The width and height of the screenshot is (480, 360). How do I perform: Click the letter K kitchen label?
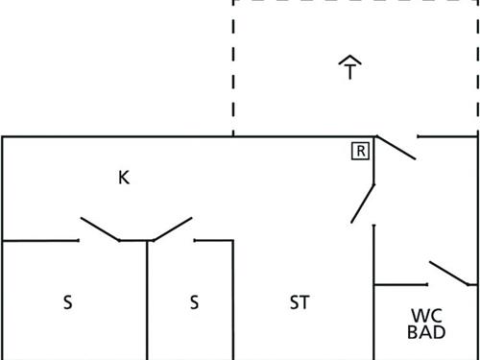[124, 178]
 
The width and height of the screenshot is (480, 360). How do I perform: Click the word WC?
[426, 315]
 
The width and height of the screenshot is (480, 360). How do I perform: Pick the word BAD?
[426, 333]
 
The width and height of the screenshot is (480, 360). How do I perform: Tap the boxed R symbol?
[360, 151]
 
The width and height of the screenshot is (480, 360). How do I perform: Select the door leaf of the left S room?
[100, 229]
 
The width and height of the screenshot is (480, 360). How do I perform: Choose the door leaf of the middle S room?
[172, 229]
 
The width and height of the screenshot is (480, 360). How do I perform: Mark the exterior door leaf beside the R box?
[395, 148]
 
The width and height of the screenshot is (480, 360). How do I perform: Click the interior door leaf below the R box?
[363, 203]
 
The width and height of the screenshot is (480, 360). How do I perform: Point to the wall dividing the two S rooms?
[147, 300]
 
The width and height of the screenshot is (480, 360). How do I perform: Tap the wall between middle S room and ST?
[233, 300]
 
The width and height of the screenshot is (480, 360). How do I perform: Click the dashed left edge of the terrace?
[233, 67]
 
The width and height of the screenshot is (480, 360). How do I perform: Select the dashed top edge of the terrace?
[355, 2]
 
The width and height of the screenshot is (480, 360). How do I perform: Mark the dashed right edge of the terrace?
[477, 67]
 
